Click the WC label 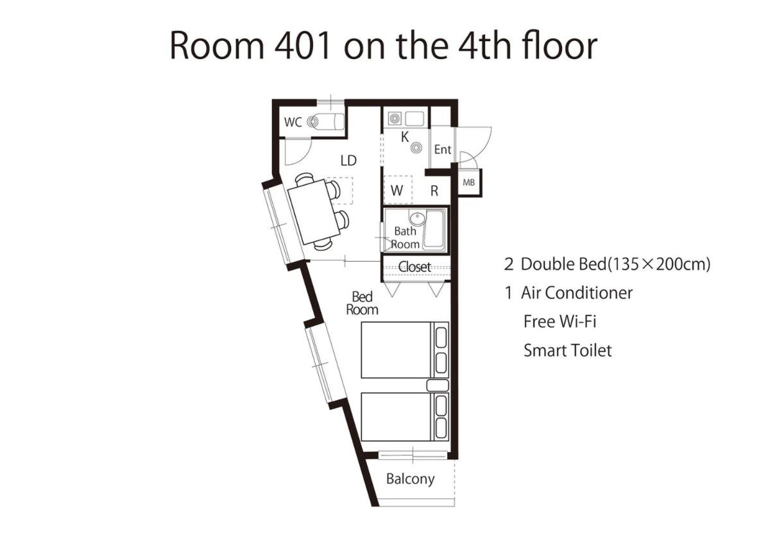293,122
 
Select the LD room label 348,160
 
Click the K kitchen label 405,137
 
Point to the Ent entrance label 442,149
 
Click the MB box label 469,182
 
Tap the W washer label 397,191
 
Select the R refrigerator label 434,191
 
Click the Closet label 415,267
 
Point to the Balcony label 410,479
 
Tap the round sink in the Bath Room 417,218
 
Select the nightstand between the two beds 438,386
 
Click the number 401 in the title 302,46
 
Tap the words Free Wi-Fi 560,321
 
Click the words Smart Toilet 567,351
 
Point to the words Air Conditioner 576,293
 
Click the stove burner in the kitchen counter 394,119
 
